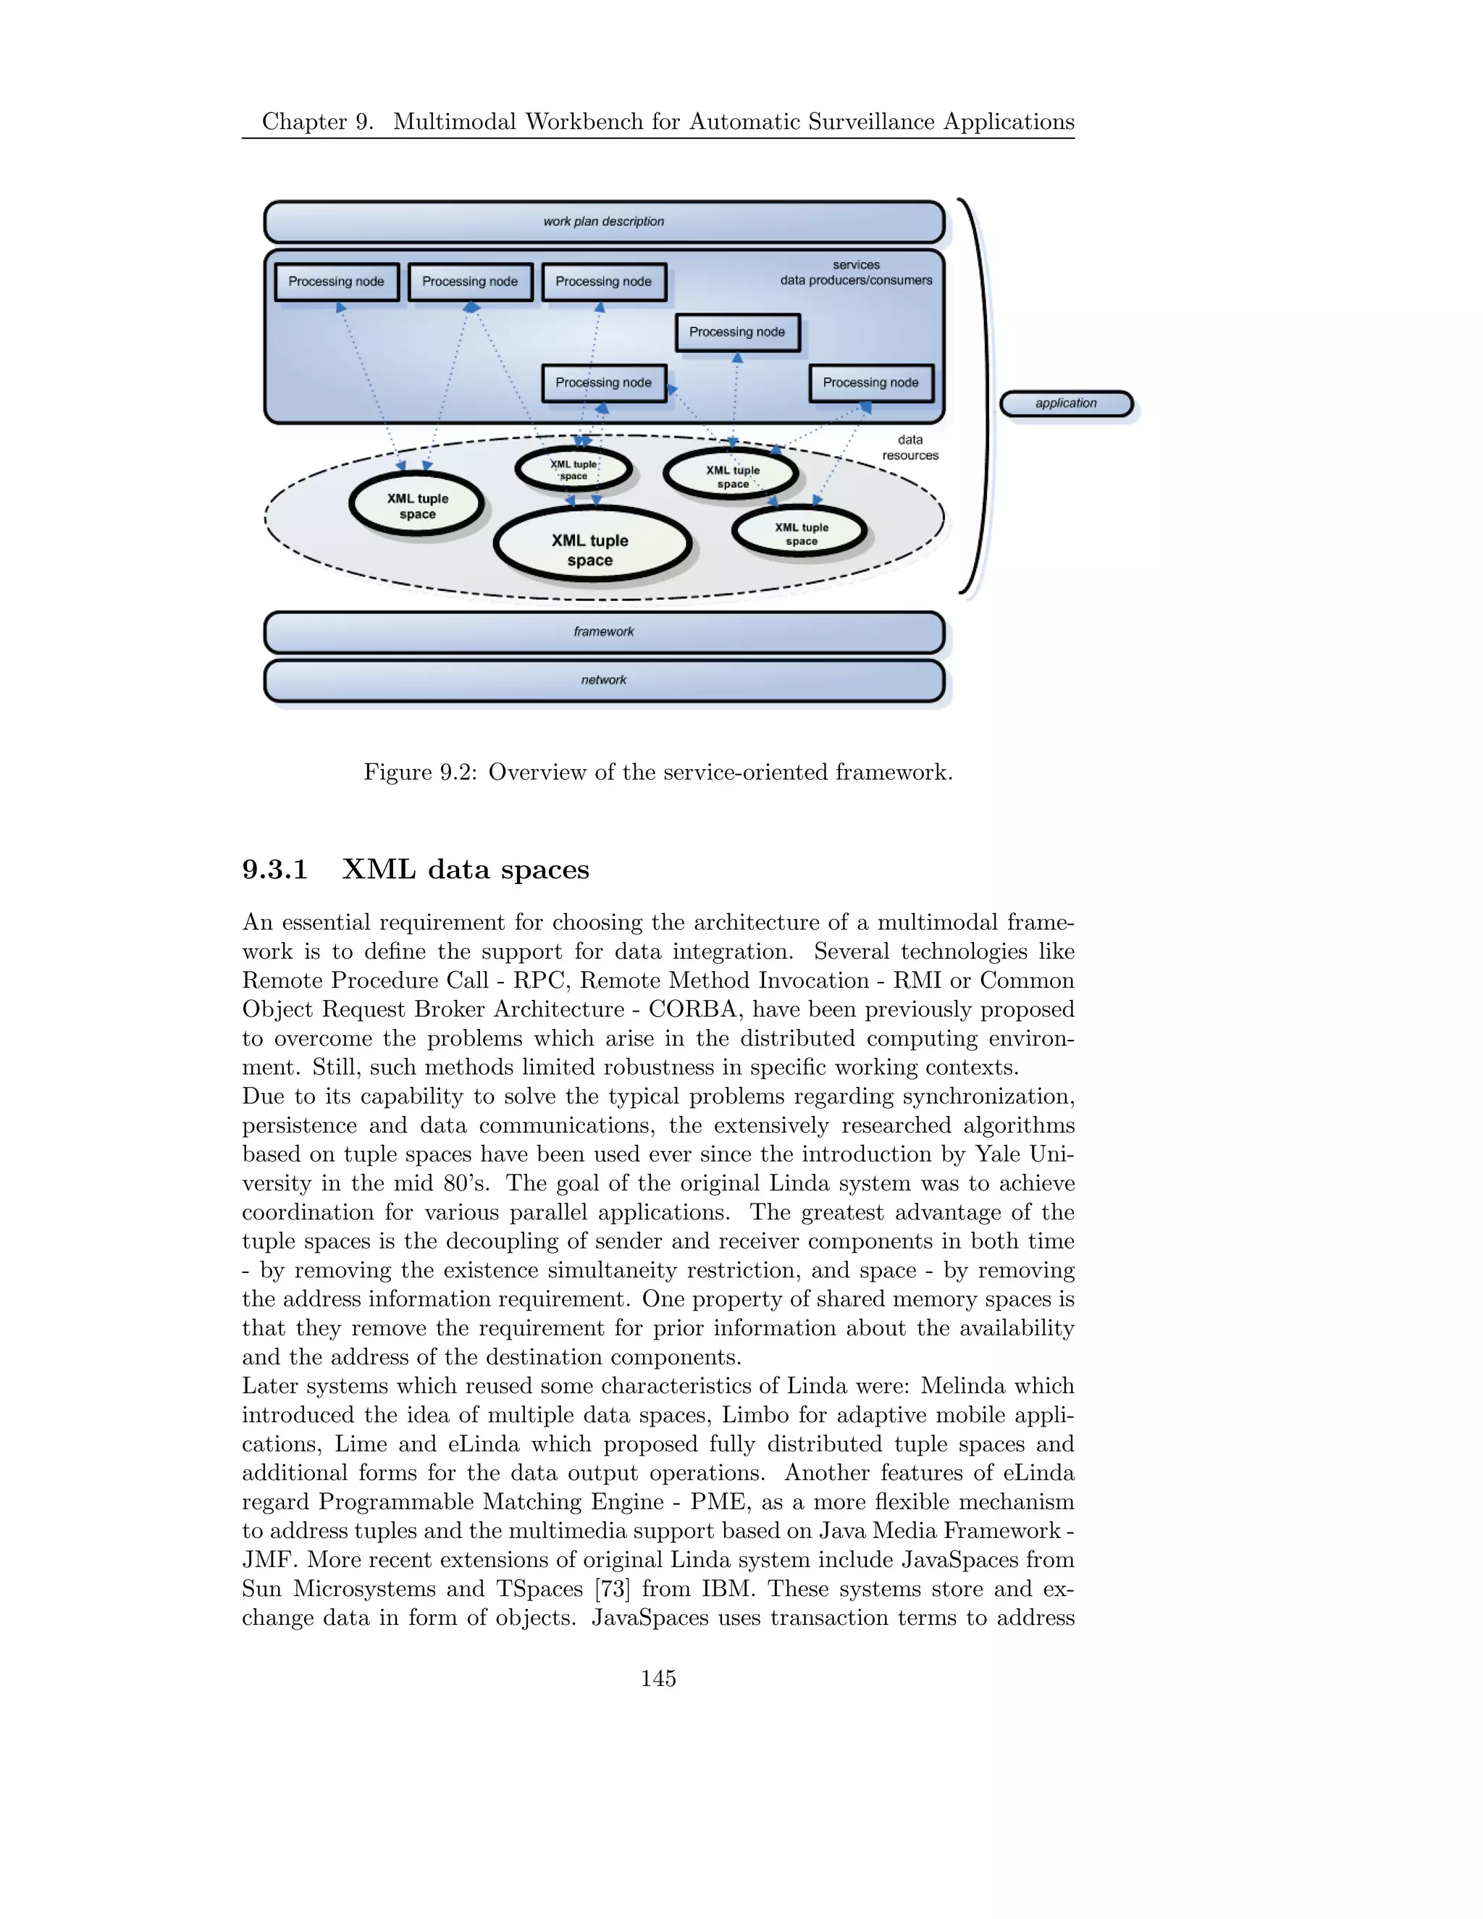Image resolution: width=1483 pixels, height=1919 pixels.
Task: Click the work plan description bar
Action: pyautogui.click(x=604, y=222)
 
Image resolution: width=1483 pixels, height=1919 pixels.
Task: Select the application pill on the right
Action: pyautogui.click(x=1066, y=403)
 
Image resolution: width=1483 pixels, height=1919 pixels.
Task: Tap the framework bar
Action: pyautogui.click(x=604, y=631)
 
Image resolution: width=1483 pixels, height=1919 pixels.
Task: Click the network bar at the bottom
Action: pyautogui.click(x=604, y=680)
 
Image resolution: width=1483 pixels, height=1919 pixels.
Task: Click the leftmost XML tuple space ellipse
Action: pyautogui.click(x=417, y=505)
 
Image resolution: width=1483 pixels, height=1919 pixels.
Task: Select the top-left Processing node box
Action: pyautogui.click(x=337, y=282)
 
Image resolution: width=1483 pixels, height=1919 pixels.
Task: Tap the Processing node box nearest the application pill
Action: pyautogui.click(x=870, y=383)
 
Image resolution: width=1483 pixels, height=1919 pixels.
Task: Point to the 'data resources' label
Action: pyautogui.click(x=910, y=448)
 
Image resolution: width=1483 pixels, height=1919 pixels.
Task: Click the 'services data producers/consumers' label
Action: pyautogui.click(x=856, y=272)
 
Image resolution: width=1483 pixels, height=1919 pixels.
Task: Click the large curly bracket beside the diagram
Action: pyautogui.click(x=980, y=395)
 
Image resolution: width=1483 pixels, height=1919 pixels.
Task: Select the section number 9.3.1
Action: pyautogui.click(x=275, y=870)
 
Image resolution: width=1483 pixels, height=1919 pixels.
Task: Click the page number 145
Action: pyautogui.click(x=658, y=1679)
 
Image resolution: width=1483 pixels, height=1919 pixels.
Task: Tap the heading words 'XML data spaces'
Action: pyautogui.click(x=465, y=870)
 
